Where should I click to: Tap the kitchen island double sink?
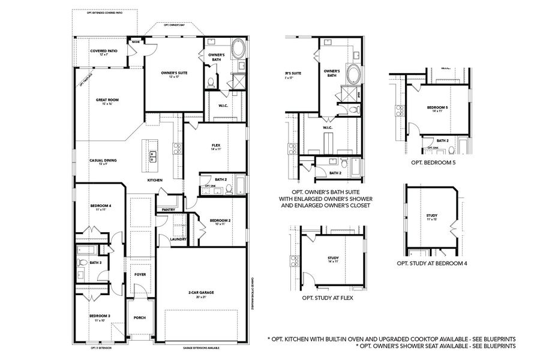[152, 157]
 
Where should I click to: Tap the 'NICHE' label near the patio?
[136, 43]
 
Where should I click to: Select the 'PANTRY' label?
[167, 209]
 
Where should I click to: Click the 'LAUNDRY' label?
[178, 239]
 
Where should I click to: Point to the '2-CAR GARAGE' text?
[201, 292]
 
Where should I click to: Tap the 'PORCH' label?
[139, 318]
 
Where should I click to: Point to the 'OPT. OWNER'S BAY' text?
[174, 25]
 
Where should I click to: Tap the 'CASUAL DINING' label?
[103, 160]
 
